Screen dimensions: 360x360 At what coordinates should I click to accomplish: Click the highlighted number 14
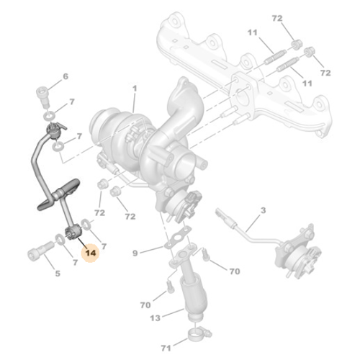pyautogui.click(x=91, y=253)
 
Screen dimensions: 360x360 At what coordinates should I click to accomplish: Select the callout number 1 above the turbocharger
pyautogui.click(x=134, y=89)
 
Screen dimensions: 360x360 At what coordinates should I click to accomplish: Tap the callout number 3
pyautogui.click(x=263, y=210)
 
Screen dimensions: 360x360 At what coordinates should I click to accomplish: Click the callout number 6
pyautogui.click(x=65, y=76)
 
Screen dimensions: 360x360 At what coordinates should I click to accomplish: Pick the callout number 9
pyautogui.click(x=134, y=253)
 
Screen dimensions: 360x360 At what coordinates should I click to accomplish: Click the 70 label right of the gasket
pyautogui.click(x=234, y=272)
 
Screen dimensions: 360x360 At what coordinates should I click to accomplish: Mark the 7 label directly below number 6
pyautogui.click(x=71, y=104)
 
